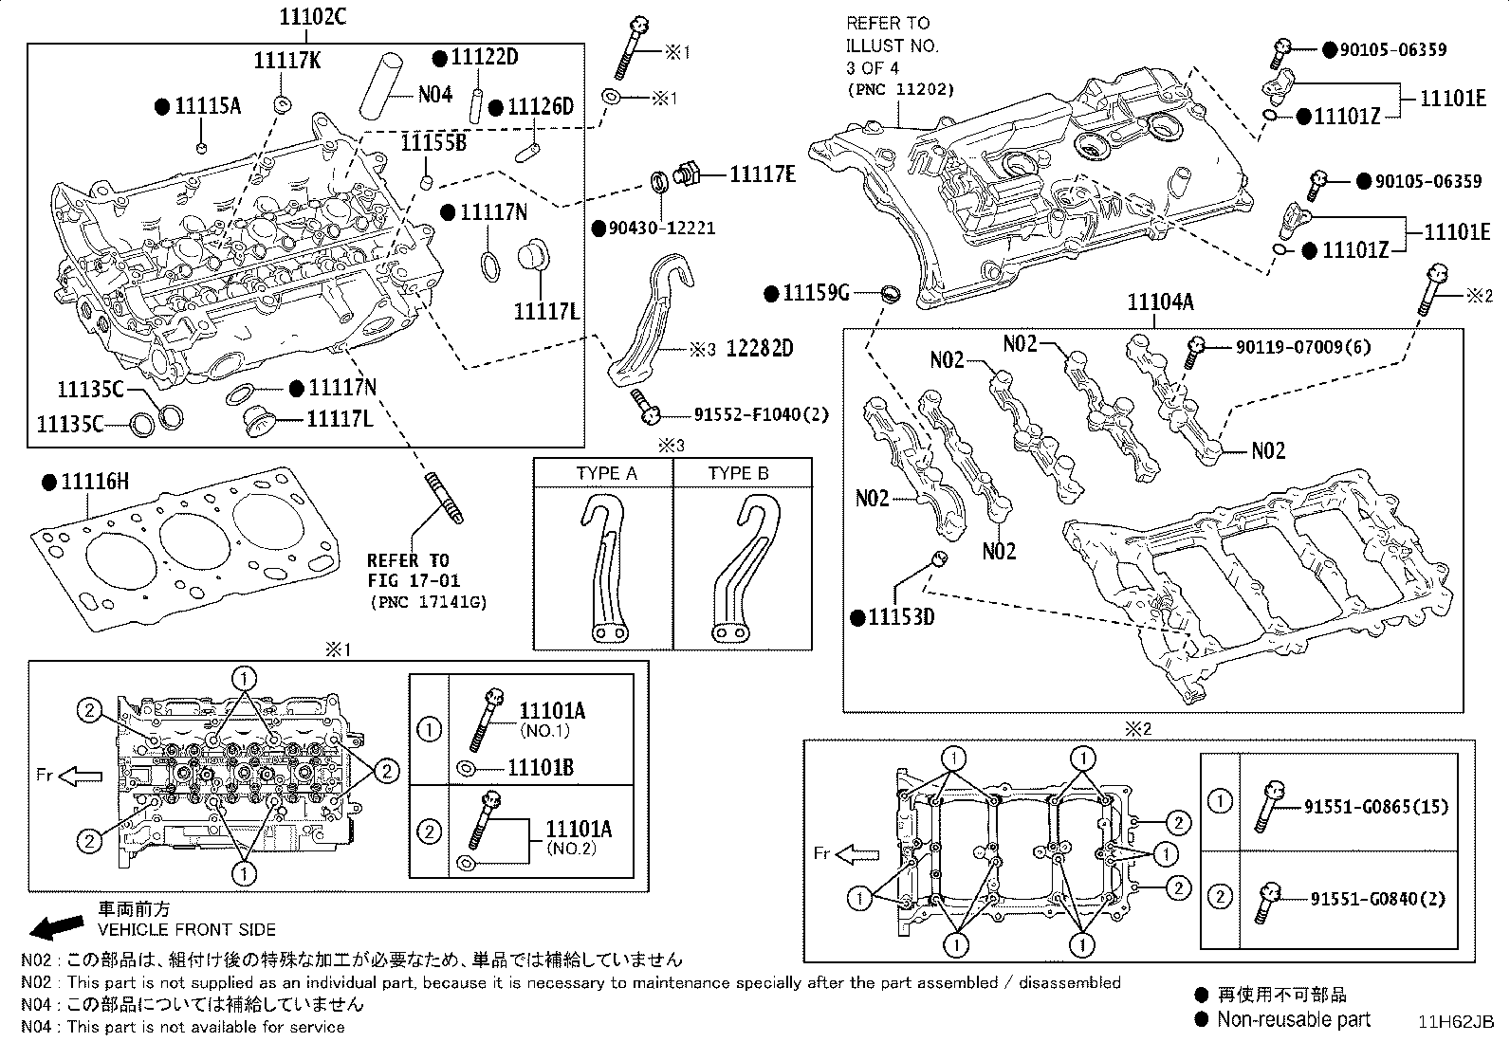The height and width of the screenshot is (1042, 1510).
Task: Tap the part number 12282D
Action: [759, 348]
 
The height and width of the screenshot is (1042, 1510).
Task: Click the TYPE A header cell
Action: [606, 473]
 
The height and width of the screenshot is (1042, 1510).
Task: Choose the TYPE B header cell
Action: [738, 473]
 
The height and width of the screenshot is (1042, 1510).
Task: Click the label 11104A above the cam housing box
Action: [1160, 302]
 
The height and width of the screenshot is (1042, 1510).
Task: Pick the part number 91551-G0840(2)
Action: [1377, 898]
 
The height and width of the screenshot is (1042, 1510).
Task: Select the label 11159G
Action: [815, 293]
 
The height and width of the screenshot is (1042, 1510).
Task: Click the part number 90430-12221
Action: [661, 229]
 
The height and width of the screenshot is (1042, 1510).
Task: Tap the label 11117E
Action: [762, 174]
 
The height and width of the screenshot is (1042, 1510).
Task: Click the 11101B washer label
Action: [540, 767]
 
